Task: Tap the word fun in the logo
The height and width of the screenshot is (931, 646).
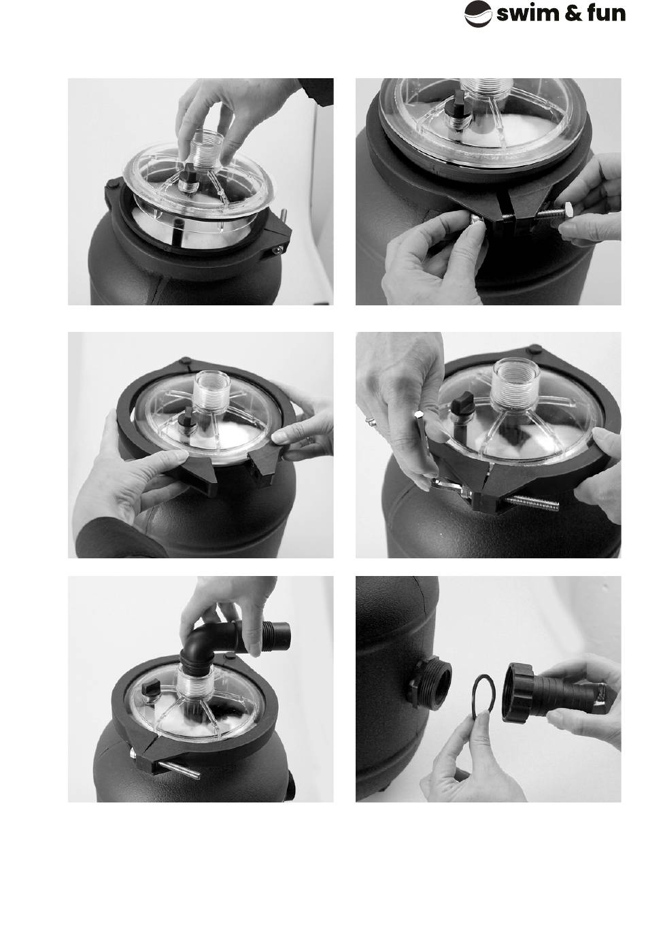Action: [x=606, y=14]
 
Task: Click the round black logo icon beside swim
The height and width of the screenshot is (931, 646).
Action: [x=477, y=14]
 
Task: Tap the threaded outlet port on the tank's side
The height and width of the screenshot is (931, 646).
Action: [x=431, y=681]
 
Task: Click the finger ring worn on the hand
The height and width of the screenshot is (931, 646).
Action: [x=371, y=422]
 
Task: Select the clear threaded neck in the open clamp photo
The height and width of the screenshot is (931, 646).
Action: [x=212, y=389]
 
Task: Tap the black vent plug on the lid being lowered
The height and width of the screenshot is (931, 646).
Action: [x=190, y=174]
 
